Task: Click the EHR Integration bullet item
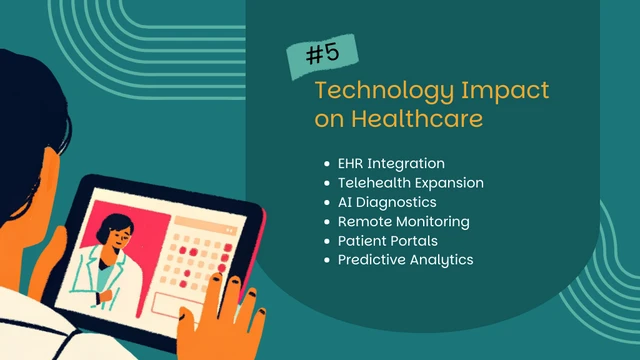(391, 162)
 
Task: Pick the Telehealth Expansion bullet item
(411, 183)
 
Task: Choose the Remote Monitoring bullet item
(403, 221)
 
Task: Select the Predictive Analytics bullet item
(405, 260)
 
